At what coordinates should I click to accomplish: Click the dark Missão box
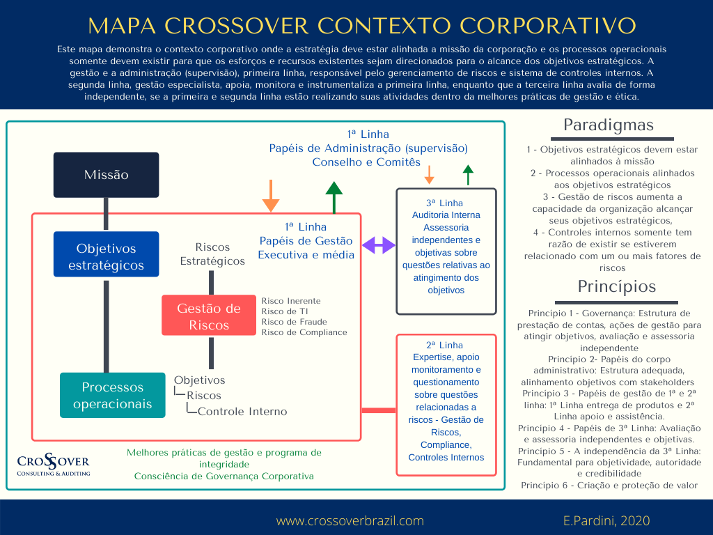point(107,175)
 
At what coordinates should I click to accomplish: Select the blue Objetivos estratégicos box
point(107,257)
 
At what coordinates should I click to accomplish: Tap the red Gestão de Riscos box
point(209,316)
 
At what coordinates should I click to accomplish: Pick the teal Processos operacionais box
point(112,396)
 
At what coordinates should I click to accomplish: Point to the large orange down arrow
point(271,196)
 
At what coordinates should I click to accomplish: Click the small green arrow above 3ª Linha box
point(468,175)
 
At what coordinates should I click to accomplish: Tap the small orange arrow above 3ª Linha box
point(430,175)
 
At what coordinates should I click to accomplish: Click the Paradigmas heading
point(608,125)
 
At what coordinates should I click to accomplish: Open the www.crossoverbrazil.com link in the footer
point(350,520)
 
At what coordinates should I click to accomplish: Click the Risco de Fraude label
point(294,322)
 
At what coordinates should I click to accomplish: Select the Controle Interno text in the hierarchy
point(242,411)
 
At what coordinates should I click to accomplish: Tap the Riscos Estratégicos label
point(212,254)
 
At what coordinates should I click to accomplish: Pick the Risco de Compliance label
point(304,332)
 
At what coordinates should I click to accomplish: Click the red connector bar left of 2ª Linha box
point(379,410)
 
